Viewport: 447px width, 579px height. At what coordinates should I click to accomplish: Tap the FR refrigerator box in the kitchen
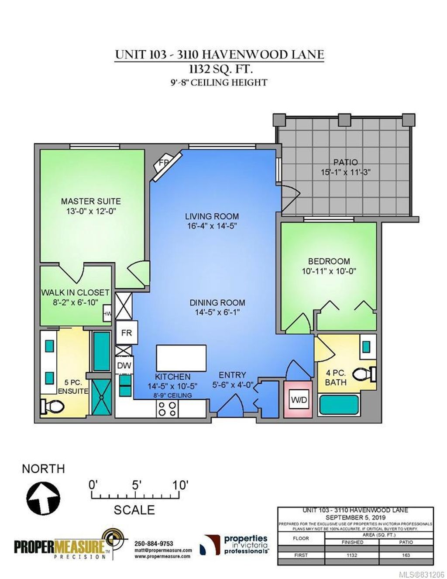(127, 333)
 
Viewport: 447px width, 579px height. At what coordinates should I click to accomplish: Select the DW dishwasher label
(124, 366)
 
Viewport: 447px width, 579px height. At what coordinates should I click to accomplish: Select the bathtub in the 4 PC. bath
(339, 405)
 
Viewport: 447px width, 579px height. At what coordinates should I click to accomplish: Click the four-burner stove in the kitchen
(167, 409)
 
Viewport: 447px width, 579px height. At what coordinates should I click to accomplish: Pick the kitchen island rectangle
(181, 357)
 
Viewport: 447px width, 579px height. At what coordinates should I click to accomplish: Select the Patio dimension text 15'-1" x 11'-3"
(345, 172)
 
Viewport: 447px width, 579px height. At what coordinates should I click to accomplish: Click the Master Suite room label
(91, 201)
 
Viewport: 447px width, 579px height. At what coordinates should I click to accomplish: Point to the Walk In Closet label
(75, 292)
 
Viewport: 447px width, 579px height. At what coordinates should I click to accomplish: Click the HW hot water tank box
(107, 313)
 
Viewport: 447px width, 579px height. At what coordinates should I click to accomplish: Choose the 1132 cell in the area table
(352, 555)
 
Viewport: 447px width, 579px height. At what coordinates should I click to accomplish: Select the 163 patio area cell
(406, 555)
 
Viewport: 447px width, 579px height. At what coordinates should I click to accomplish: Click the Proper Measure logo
(65, 545)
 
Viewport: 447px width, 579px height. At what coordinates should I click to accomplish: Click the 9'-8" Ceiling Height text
(219, 82)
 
